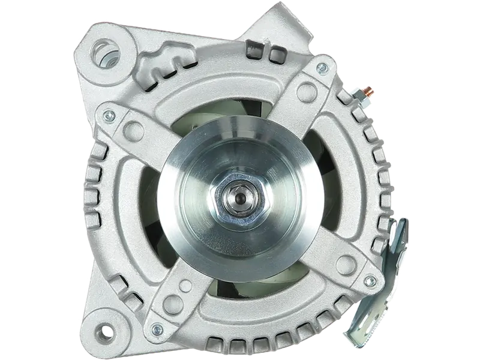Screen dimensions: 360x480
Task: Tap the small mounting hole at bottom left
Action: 107,331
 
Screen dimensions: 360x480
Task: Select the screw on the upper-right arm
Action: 322,64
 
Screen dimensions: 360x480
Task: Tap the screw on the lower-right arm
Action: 370,280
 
